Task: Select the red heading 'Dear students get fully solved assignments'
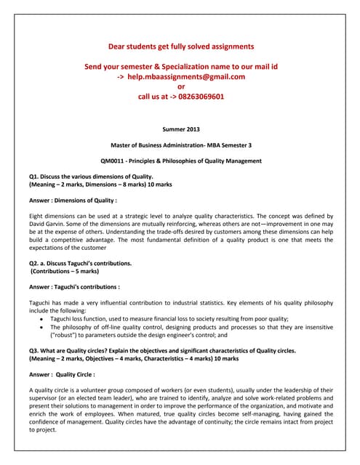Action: pos(181,46)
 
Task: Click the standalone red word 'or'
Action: pos(181,86)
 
